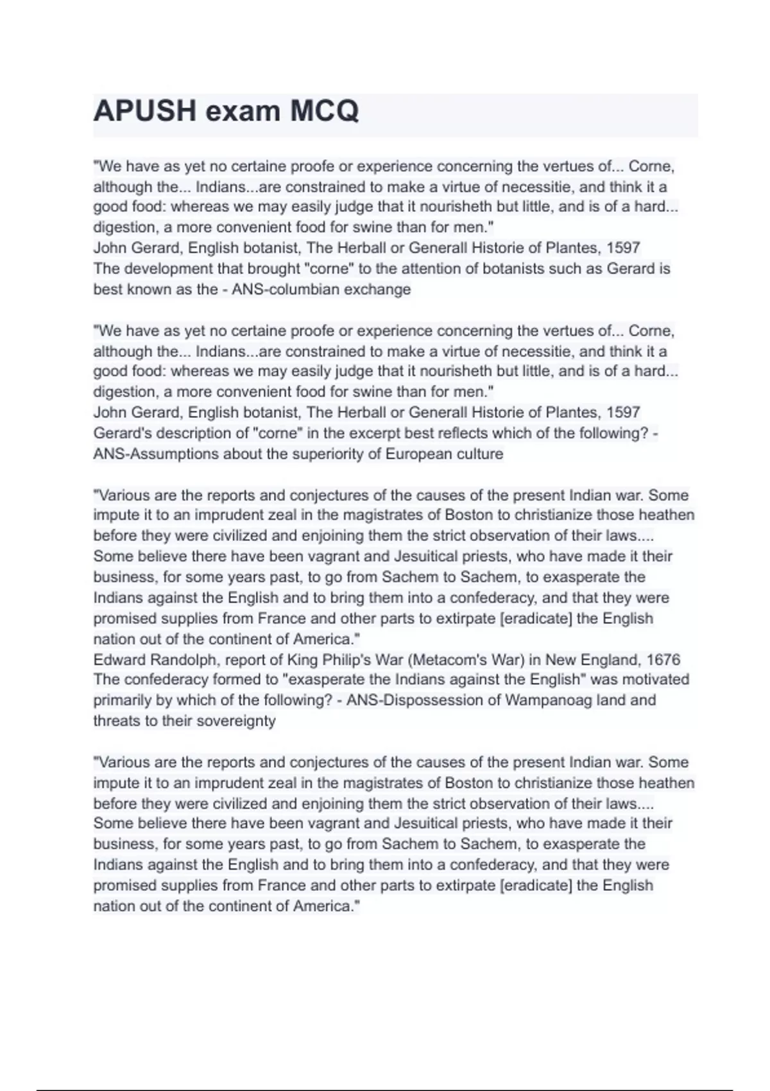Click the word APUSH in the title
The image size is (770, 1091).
(144, 111)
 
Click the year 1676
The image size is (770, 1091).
(663, 660)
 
